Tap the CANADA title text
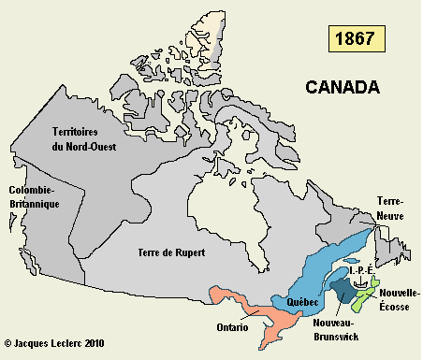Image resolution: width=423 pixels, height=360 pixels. pos(343,88)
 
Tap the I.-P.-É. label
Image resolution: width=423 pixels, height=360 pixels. pos(361,270)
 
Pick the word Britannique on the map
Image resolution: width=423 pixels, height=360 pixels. pos(31,203)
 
